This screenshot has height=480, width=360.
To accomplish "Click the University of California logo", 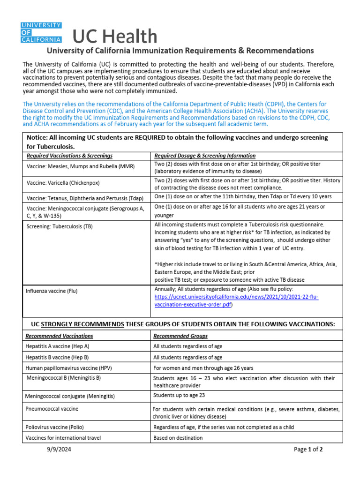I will click(41, 32).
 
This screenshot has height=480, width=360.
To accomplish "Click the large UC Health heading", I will click(115, 37).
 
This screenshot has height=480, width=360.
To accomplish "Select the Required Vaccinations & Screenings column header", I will click(69, 156).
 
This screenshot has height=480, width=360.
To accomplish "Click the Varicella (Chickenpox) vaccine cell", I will click(63, 182).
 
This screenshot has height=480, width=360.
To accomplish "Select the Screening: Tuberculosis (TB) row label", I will click(60, 226).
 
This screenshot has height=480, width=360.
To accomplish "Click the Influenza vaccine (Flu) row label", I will click(52, 291).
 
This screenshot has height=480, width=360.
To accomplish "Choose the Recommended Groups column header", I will click(180, 336).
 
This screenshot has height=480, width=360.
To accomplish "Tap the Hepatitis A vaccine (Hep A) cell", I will click(57, 346).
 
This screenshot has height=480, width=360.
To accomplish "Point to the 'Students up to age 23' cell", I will click(179, 395).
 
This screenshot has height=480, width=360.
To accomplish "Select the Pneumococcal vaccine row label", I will click(52, 409).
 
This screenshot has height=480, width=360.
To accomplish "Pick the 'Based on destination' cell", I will click(178, 438).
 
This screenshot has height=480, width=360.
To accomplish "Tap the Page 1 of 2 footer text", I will click(308, 450).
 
